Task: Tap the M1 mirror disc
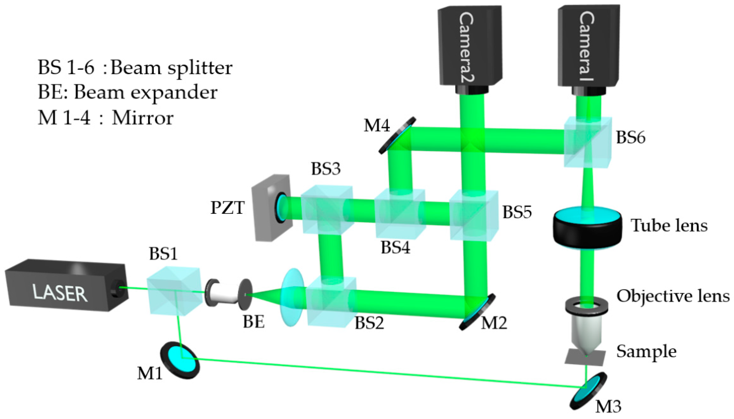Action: pos(180,360)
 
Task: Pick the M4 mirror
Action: pos(397,135)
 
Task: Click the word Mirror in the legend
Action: pos(142,118)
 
